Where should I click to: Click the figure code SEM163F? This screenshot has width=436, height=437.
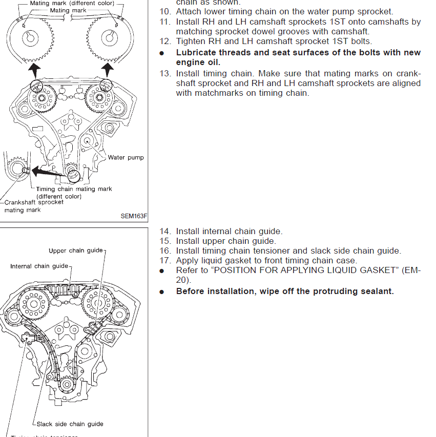pyautogui.click(x=133, y=216)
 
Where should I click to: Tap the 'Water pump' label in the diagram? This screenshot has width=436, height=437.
pyautogui.click(x=126, y=157)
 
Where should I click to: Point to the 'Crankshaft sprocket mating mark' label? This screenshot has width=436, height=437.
pyautogui.click(x=34, y=206)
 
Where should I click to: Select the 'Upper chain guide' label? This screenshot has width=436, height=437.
pyautogui.click(x=76, y=251)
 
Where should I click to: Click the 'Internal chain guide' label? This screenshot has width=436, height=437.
pyautogui.click(x=39, y=266)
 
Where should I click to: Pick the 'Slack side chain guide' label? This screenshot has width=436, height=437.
pyautogui.click(x=70, y=424)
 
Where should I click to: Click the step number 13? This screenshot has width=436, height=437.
pyautogui.click(x=165, y=73)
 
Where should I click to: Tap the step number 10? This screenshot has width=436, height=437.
pyautogui.click(x=165, y=11)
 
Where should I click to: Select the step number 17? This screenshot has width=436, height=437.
pyautogui.click(x=165, y=260)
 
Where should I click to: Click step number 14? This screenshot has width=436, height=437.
pyautogui.click(x=165, y=232)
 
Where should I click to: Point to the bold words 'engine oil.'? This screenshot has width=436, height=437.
pyautogui.click(x=198, y=62)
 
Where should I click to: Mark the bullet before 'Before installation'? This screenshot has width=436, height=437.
pyautogui.click(x=162, y=292)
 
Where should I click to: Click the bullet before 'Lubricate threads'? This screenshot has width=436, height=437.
pyautogui.click(x=162, y=53)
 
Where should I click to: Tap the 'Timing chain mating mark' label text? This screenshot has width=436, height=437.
pyautogui.click(x=74, y=189)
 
